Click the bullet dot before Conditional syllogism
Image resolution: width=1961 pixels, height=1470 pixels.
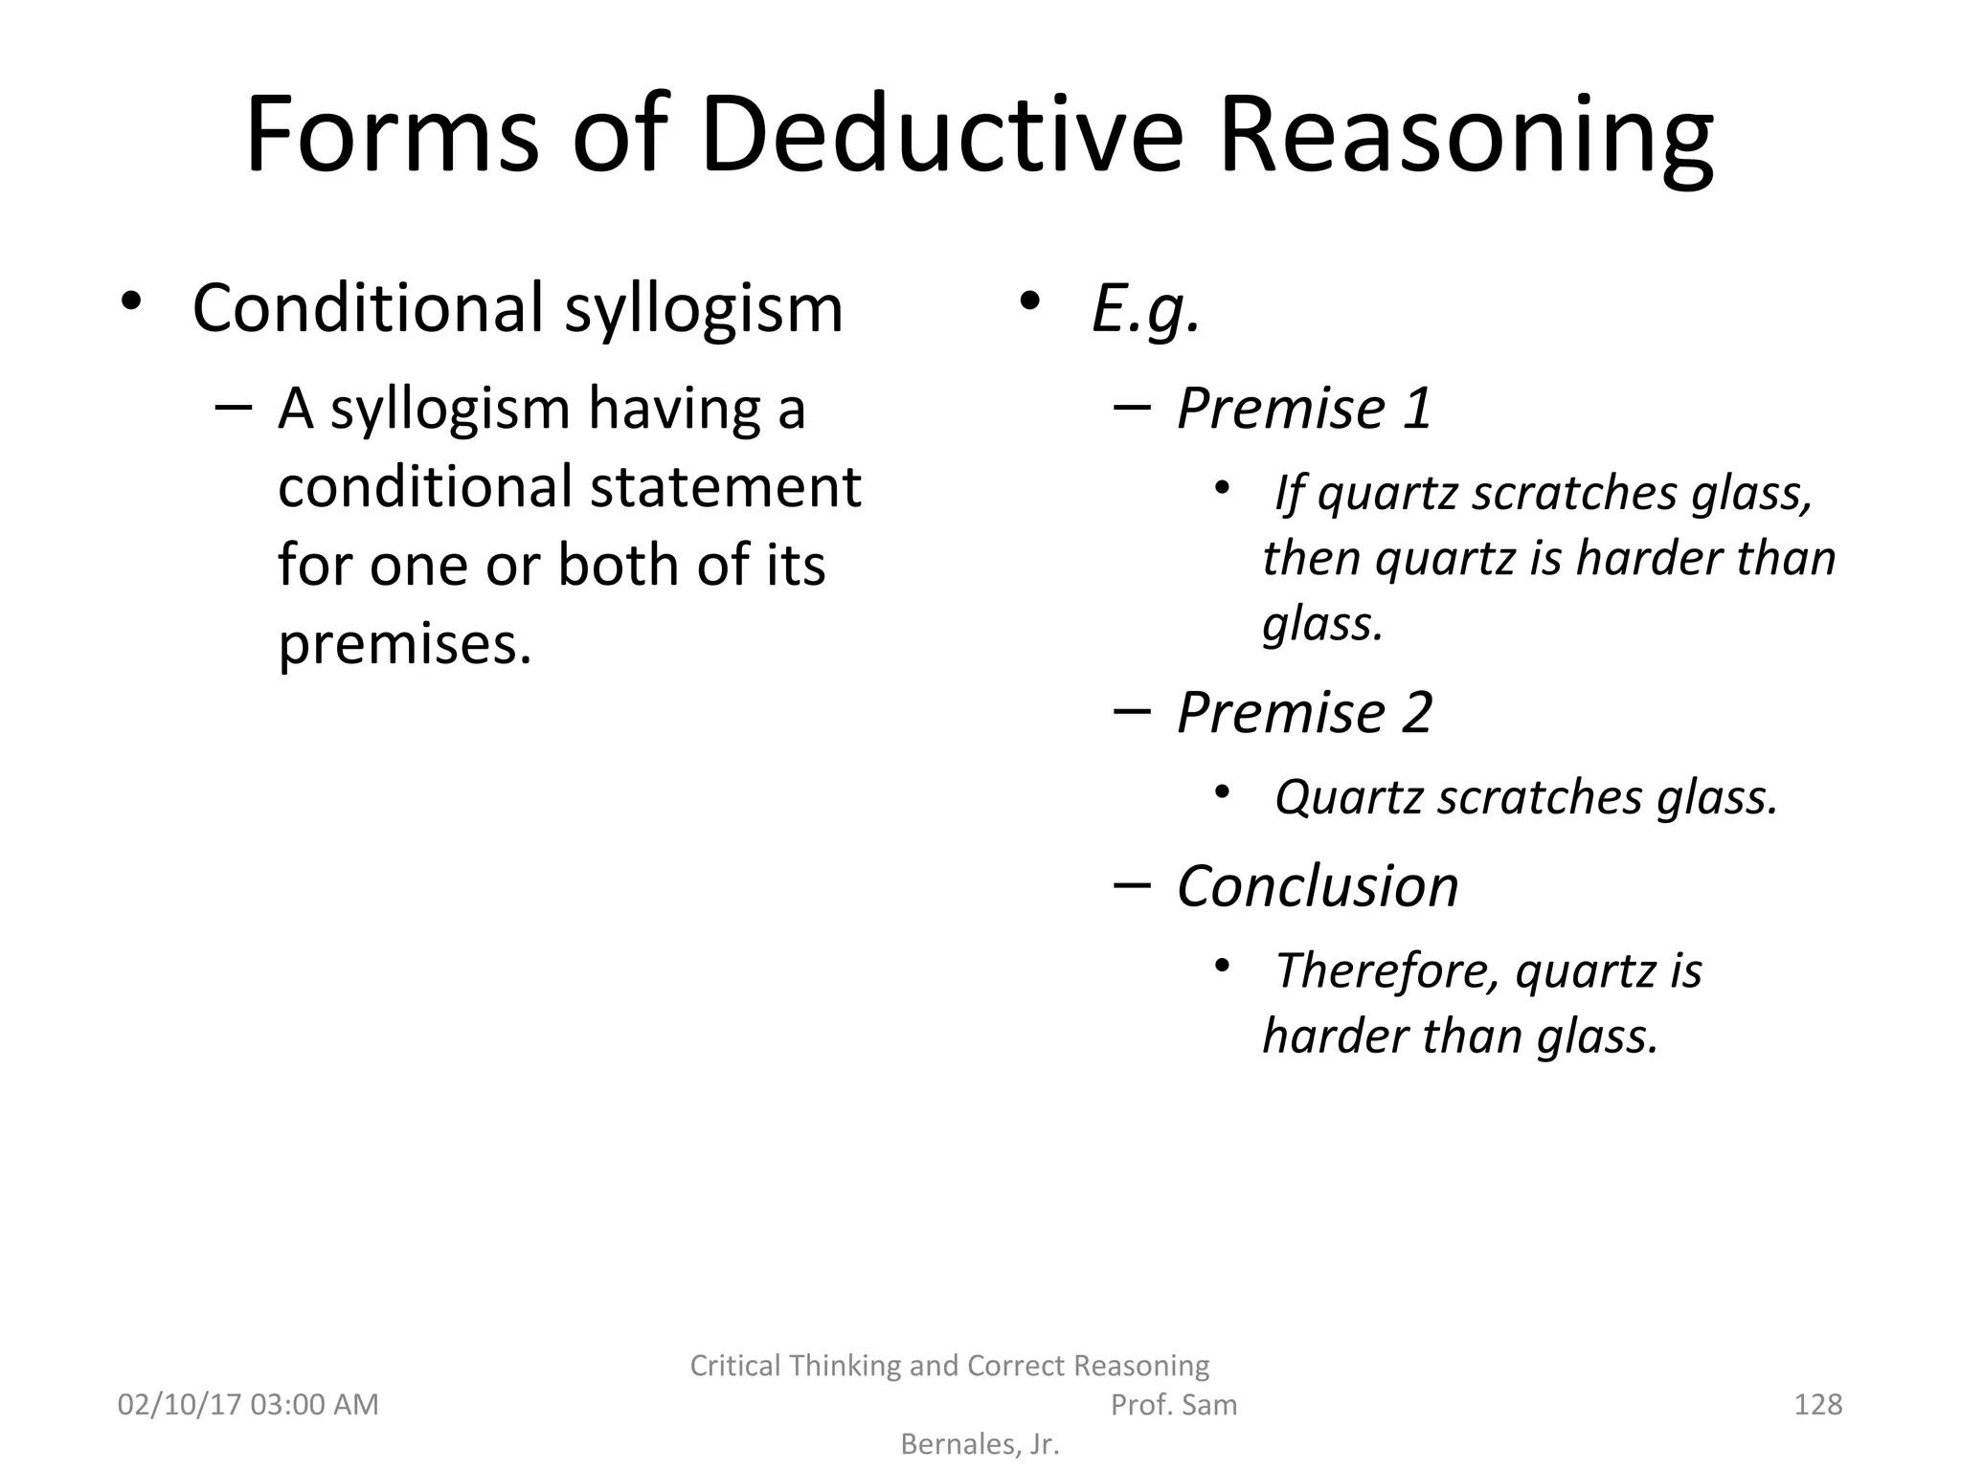[131, 301]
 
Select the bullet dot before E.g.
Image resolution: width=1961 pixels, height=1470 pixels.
[1029, 301]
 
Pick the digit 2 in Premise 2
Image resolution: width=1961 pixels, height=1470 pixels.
[1417, 713]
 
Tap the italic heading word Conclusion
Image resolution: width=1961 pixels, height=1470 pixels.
[1318, 886]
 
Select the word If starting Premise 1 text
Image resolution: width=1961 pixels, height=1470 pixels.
[1289, 495]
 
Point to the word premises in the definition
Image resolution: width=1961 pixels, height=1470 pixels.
[403, 645]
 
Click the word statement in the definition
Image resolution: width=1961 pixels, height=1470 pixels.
[725, 487]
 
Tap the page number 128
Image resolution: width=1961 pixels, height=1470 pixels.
[1817, 1405]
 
